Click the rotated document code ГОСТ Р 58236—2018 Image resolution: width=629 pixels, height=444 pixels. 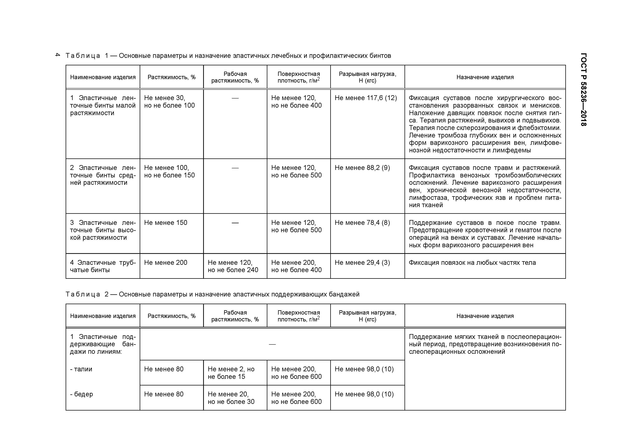click(x=583, y=90)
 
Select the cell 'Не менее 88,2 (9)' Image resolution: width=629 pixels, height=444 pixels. click(x=362, y=168)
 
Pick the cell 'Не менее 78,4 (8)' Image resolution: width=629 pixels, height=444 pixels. click(x=362, y=223)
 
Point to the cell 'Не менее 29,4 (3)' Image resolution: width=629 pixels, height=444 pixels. click(x=362, y=263)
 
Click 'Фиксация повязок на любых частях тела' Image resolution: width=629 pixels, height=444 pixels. click(x=472, y=263)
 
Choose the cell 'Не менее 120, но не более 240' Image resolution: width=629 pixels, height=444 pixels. click(x=233, y=266)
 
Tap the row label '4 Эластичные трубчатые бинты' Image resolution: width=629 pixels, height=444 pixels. click(x=103, y=266)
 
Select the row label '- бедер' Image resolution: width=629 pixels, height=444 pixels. click(x=81, y=394)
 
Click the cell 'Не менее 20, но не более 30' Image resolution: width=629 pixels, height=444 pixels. click(x=231, y=398)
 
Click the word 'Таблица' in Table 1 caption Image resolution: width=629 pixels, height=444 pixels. click(x=83, y=56)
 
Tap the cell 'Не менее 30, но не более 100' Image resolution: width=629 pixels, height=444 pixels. click(x=169, y=102)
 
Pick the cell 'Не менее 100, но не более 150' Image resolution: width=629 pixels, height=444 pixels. click(x=169, y=172)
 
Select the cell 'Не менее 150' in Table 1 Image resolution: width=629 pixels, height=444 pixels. click(x=166, y=223)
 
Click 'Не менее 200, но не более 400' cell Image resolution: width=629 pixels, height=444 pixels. click(x=296, y=266)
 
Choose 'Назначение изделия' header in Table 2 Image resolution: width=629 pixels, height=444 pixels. click(x=485, y=316)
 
